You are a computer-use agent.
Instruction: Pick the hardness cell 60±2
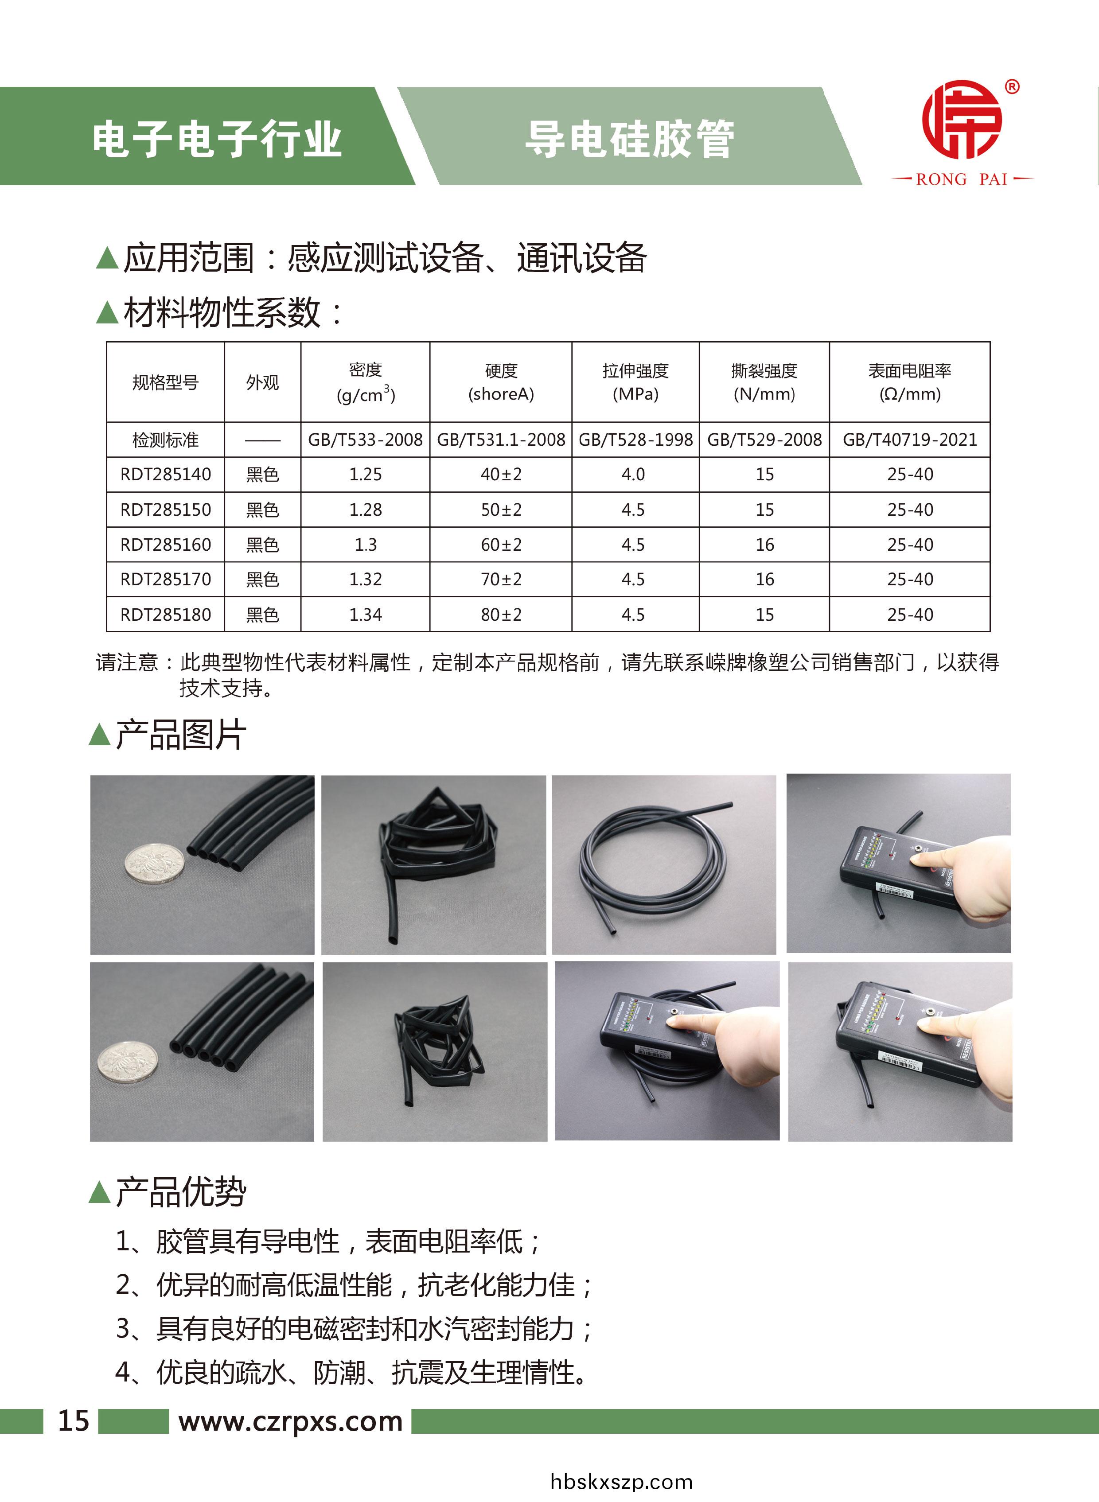click(x=501, y=545)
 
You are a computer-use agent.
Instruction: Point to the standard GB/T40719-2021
click(x=909, y=440)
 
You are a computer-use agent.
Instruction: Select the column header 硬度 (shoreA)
click(x=501, y=382)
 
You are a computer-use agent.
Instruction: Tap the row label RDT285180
click(x=166, y=615)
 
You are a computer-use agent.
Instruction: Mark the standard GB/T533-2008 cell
click(x=365, y=440)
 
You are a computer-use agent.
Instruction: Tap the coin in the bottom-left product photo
click(x=128, y=1062)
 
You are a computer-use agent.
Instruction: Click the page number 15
click(x=73, y=1421)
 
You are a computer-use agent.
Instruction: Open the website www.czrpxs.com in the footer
click(x=291, y=1421)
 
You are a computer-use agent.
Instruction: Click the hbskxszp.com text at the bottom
click(x=621, y=1482)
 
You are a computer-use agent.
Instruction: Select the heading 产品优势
click(x=180, y=1192)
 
